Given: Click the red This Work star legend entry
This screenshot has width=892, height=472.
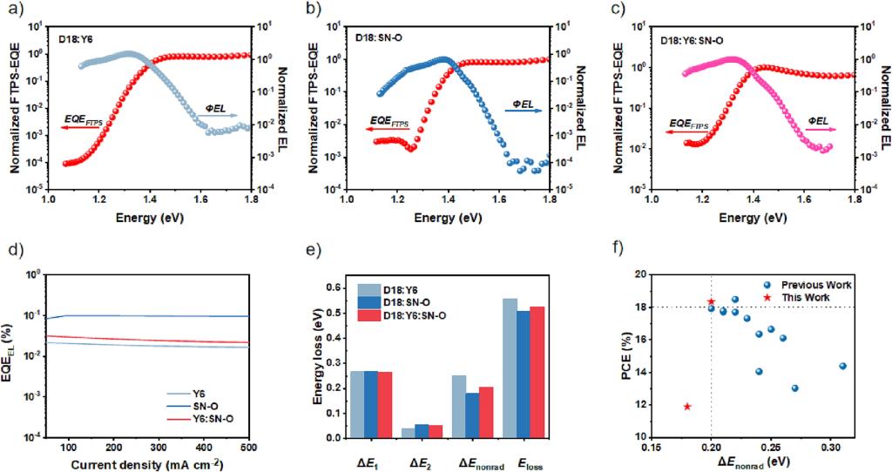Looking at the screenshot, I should click(767, 298).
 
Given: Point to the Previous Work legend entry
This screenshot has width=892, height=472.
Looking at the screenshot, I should click(767, 285).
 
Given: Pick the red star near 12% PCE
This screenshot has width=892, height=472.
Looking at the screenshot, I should click(687, 406).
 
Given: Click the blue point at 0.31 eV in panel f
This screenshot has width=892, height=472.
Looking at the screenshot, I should click(842, 366).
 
